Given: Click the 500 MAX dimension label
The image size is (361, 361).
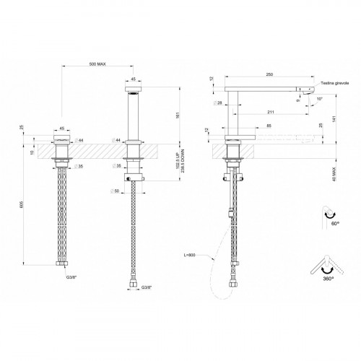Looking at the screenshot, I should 98,64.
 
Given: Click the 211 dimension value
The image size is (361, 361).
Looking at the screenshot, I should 269,112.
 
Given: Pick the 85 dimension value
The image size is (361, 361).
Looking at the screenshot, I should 269,127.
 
